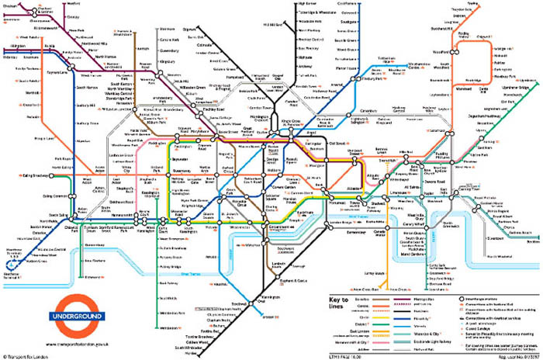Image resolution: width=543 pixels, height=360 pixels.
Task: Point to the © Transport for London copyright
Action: tap(28, 354)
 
